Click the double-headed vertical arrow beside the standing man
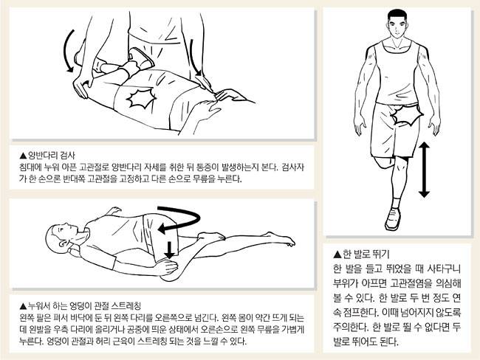424,170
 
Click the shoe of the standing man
394,218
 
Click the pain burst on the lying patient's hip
141,98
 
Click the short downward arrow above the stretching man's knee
169,249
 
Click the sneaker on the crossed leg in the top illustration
142,58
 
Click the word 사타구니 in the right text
444,269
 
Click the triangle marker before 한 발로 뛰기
337,255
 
